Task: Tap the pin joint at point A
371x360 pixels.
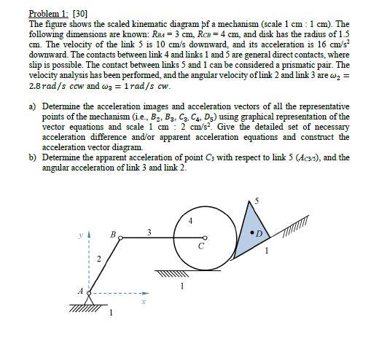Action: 90,290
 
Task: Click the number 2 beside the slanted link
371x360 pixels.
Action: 100,259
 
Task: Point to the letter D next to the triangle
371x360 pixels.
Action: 262,235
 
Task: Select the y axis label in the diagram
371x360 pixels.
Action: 82,235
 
